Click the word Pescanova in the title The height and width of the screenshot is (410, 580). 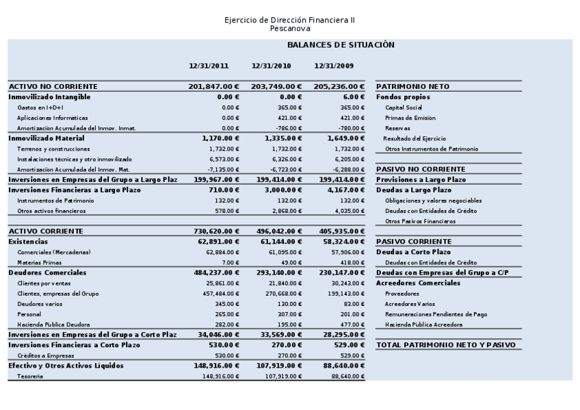[x=289, y=29]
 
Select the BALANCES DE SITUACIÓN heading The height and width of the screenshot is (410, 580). [x=341, y=45]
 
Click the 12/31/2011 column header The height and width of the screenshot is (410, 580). [x=209, y=66]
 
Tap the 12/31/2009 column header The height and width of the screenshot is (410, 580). [x=334, y=66]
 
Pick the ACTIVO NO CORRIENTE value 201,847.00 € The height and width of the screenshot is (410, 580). [x=213, y=87]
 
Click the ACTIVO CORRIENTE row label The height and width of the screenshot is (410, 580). [x=46, y=231]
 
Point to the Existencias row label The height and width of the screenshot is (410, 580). [x=28, y=242]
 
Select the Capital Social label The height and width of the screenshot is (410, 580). [x=404, y=107]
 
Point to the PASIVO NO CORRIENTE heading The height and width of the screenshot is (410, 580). [x=421, y=169]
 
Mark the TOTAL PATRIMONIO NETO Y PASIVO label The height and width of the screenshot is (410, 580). [x=446, y=345]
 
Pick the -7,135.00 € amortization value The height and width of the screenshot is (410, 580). [x=220, y=169]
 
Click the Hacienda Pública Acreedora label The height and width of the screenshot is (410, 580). [x=423, y=324]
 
